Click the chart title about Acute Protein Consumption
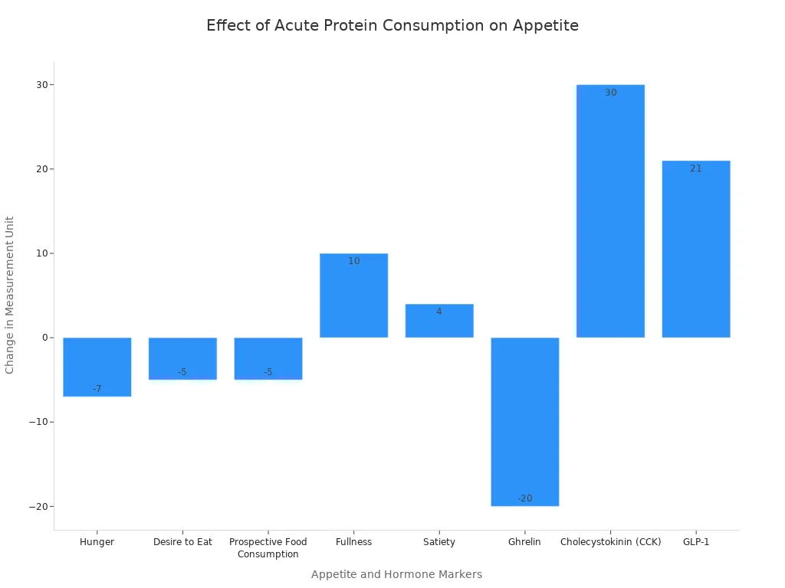pos(392,25)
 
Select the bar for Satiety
pos(439,321)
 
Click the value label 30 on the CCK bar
pos(610,93)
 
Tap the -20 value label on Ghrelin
pos(525,498)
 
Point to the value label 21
pos(696,168)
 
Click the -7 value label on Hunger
pos(97,389)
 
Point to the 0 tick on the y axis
pos(44,338)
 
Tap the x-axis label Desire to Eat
pos(182,542)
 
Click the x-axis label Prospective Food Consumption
pos(268,547)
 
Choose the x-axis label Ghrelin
pos(525,542)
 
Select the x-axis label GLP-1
pos(696,542)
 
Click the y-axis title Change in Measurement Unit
pos(10,295)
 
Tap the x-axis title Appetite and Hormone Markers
pos(396,574)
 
